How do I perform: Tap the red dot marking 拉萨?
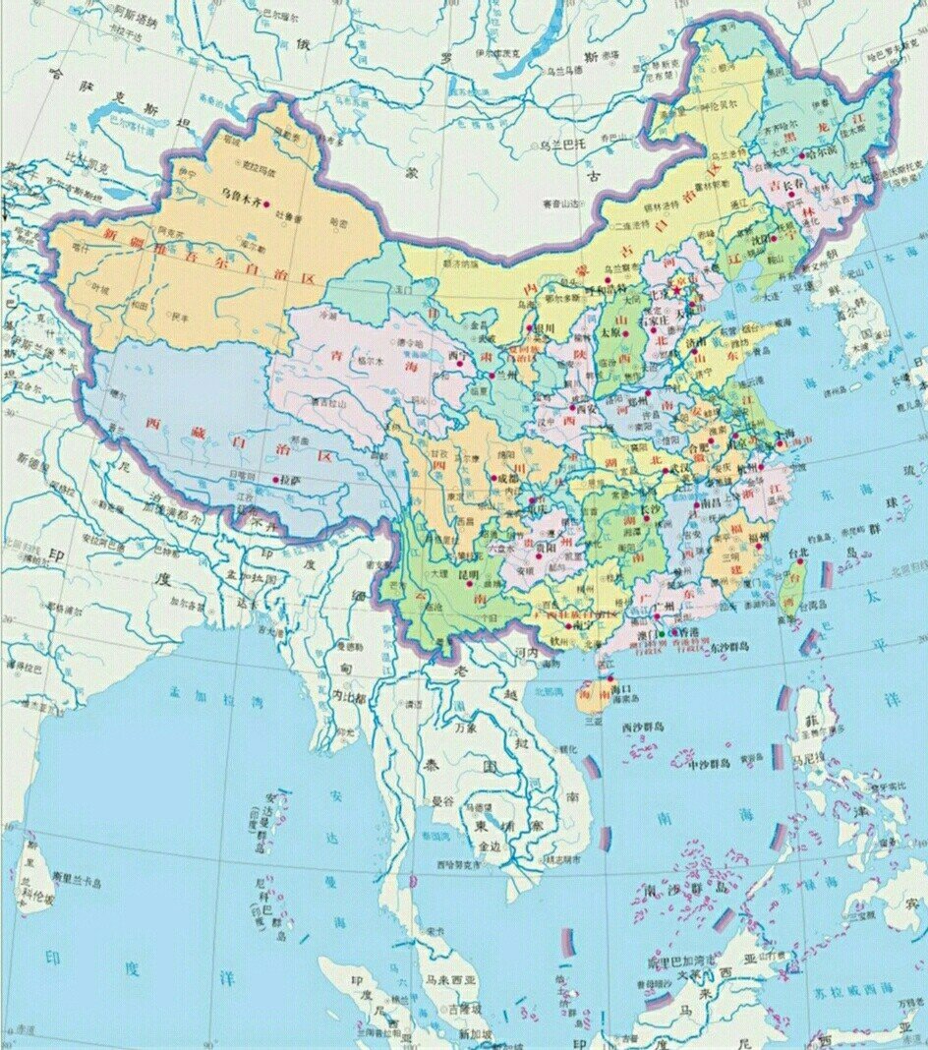[273, 480]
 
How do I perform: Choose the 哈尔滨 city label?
[822, 153]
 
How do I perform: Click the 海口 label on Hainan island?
[619, 691]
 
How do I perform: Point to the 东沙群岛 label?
[727, 647]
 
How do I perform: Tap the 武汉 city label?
[679, 467]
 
